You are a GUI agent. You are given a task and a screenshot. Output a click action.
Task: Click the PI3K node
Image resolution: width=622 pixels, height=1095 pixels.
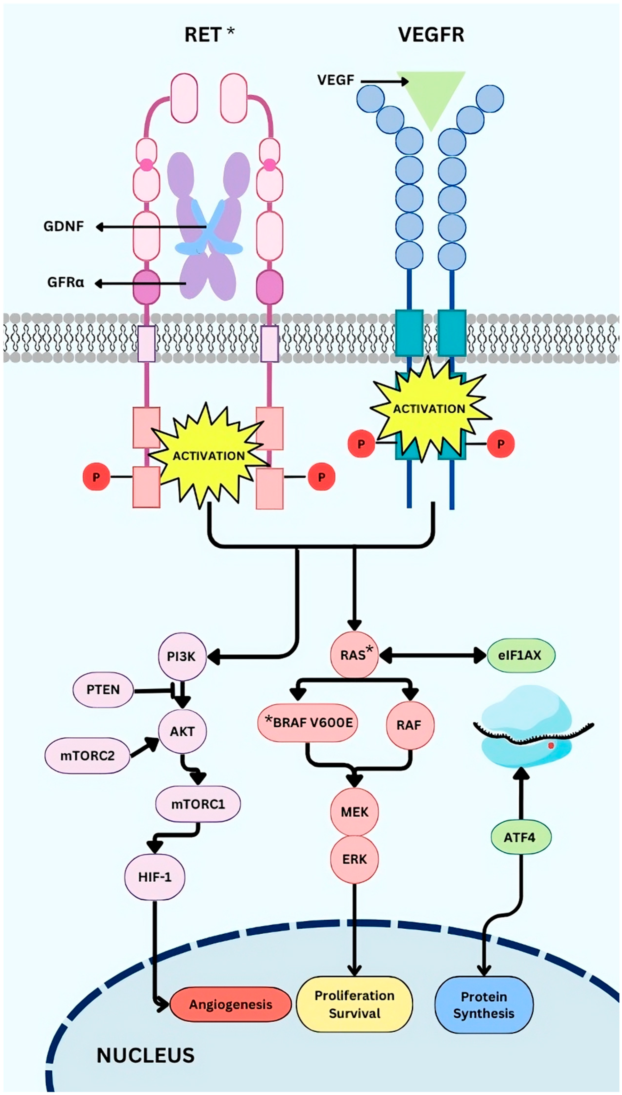[182, 656]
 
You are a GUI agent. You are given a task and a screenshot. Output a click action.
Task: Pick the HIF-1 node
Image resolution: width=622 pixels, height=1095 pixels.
[155, 877]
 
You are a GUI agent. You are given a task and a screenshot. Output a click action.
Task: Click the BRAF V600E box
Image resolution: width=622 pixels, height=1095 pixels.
[308, 723]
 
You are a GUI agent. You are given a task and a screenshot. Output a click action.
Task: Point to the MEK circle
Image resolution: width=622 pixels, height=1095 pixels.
[355, 811]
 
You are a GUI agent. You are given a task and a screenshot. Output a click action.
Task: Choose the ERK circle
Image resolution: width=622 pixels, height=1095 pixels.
[355, 859]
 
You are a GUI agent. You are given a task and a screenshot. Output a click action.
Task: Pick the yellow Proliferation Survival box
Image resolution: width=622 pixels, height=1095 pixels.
[355, 1004]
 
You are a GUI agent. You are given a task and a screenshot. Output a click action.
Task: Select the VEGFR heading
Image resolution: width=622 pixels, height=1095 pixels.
[431, 35]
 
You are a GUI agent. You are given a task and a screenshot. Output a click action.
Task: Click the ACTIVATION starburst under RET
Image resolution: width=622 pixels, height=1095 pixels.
[208, 456]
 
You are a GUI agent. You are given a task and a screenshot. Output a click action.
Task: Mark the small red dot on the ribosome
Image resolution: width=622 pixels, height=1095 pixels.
[551, 745]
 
